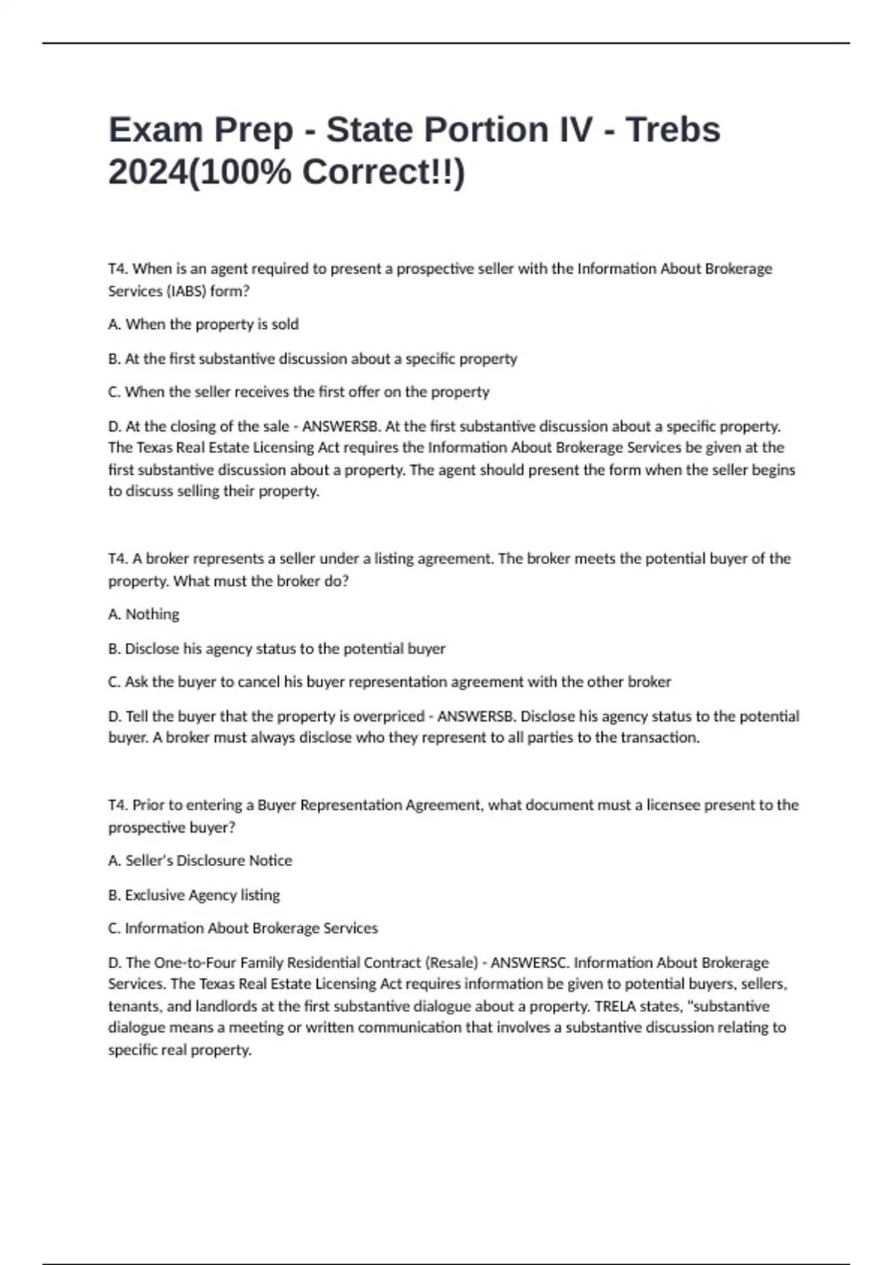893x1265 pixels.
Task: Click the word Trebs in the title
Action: click(673, 129)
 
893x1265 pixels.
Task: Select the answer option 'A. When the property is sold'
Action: click(203, 324)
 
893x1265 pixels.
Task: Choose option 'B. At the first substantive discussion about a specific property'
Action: click(313, 359)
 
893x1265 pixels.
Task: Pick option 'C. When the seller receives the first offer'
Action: click(298, 392)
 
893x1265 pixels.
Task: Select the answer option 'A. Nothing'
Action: click(144, 615)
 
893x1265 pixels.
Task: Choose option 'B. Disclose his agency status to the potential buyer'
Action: click(277, 649)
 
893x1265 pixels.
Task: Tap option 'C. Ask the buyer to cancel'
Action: click(389, 682)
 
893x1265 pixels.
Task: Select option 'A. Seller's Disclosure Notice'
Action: click(200, 861)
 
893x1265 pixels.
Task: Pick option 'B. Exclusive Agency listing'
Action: click(194, 895)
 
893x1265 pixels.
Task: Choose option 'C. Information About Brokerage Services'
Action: click(243, 929)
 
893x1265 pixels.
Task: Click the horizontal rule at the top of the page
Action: click(446, 43)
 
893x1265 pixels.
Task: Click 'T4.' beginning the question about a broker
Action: click(118, 559)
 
